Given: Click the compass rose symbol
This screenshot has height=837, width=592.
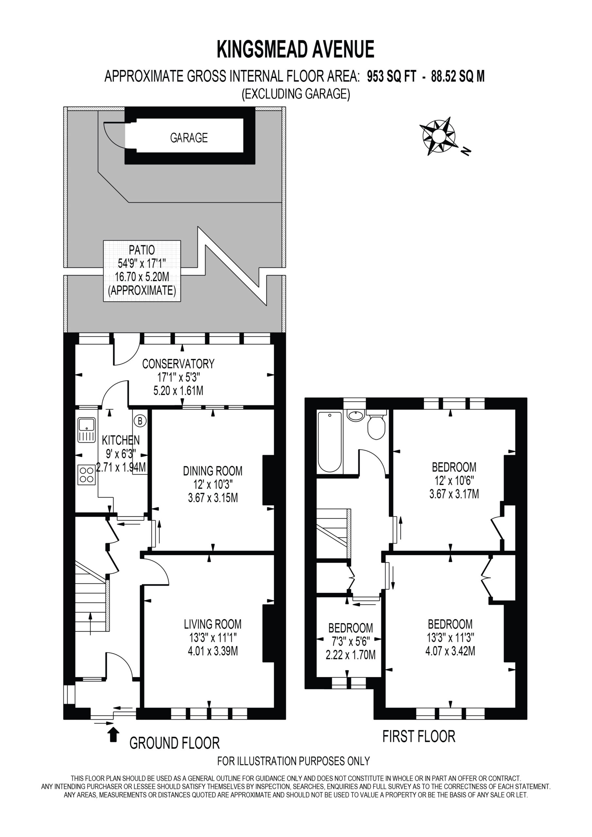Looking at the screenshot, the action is [x=439, y=136].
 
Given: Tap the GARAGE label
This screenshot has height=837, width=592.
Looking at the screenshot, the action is [x=189, y=137].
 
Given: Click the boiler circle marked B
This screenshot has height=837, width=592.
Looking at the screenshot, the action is [x=140, y=421].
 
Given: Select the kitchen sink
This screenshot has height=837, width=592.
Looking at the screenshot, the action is [x=86, y=430].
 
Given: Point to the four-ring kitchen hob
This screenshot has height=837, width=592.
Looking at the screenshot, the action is [x=86, y=475].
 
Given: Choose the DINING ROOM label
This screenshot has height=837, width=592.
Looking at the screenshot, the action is [x=213, y=471].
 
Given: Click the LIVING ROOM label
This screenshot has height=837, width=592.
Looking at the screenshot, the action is [x=213, y=624].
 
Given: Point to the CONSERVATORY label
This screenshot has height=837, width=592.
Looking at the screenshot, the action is [x=178, y=364].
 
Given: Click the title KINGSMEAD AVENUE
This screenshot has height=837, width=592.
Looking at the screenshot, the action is [x=296, y=50].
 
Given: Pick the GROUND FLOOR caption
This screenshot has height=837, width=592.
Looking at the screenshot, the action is [x=175, y=743].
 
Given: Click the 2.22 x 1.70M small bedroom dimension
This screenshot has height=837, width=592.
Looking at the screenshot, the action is [x=351, y=655].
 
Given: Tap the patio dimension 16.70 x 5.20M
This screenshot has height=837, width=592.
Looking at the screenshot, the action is [x=142, y=277].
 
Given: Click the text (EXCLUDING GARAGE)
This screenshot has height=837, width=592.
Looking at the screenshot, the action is [x=296, y=94].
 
